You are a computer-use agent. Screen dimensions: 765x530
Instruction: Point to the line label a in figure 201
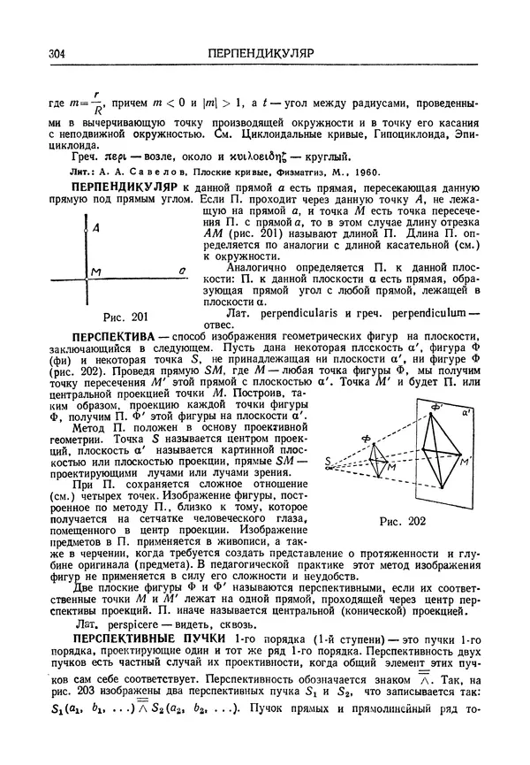[180, 272]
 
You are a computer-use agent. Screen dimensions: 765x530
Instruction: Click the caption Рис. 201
[125, 317]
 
